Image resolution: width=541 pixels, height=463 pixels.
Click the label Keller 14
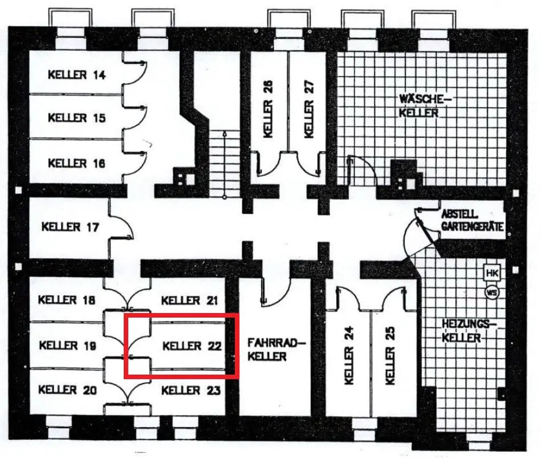(77, 74)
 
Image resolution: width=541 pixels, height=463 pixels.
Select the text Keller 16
(77, 163)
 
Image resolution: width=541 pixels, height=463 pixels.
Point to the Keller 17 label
(71, 227)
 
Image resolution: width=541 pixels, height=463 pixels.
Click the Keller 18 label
(67, 300)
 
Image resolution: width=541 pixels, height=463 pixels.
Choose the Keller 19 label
(67, 346)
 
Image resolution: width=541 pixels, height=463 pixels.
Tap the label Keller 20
(67, 391)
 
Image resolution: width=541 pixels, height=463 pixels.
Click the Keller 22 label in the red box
(191, 346)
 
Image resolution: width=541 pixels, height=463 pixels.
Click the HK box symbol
(492, 273)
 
